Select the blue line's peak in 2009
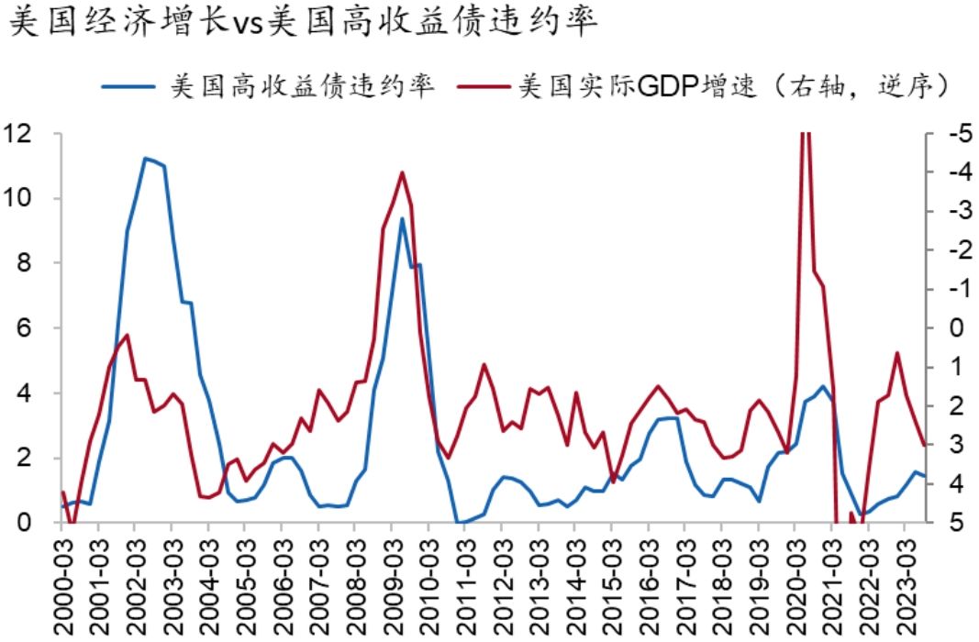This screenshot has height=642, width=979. pos(402,218)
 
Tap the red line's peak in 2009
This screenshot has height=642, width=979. pos(402,172)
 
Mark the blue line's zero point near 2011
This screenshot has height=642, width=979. pos(459,522)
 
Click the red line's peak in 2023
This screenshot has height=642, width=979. pos(897,353)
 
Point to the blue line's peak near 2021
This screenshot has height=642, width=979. pos(823,386)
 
